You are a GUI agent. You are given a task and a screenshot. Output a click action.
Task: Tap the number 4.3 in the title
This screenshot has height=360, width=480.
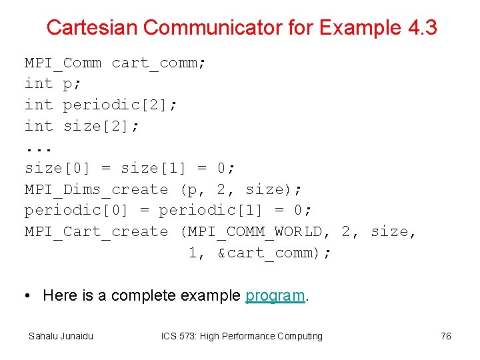[421, 27]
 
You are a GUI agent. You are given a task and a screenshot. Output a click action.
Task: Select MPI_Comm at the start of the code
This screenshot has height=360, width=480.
[63, 63]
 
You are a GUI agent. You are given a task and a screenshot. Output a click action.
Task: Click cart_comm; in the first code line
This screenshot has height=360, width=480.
[159, 63]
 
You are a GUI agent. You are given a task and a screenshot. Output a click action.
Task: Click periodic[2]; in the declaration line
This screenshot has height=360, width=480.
[120, 105]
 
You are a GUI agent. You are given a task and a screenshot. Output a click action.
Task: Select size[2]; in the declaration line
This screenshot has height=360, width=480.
[101, 126]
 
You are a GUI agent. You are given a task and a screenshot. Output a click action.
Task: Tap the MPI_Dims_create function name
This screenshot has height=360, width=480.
[96, 189]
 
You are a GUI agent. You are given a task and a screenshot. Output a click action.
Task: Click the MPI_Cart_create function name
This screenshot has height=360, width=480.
[96, 231]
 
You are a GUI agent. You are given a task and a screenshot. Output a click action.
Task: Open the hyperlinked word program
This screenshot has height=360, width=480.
[275, 295]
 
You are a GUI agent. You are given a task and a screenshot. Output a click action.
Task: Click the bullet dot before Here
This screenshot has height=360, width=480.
[29, 295]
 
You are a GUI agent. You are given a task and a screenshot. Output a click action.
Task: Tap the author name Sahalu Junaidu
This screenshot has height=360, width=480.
[61, 336]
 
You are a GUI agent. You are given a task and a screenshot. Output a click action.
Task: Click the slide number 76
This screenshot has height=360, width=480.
[446, 336]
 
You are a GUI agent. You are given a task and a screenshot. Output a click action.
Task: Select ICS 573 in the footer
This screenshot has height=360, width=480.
[179, 336]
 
